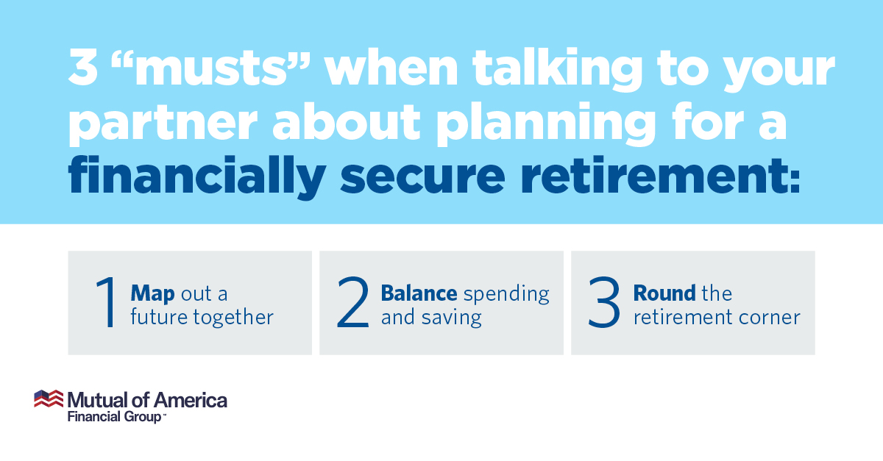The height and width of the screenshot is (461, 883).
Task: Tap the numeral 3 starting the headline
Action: click(83, 67)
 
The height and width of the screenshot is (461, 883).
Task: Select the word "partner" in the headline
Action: click(163, 124)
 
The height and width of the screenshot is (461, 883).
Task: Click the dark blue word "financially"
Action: click(197, 176)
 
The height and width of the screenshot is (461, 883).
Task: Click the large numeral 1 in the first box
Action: click(106, 301)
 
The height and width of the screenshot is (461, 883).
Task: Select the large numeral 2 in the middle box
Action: click(353, 301)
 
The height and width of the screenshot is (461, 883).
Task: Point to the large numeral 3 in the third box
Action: click(604, 302)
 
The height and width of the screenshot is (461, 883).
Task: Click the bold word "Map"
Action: click(152, 294)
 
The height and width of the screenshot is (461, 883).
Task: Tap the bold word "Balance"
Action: click(419, 293)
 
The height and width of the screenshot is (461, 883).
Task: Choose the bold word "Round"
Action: click(664, 293)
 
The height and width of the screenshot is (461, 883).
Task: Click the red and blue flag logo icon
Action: click(49, 399)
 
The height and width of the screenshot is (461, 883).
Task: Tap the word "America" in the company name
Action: click(191, 400)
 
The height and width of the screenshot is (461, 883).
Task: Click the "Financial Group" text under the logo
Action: click(115, 417)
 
